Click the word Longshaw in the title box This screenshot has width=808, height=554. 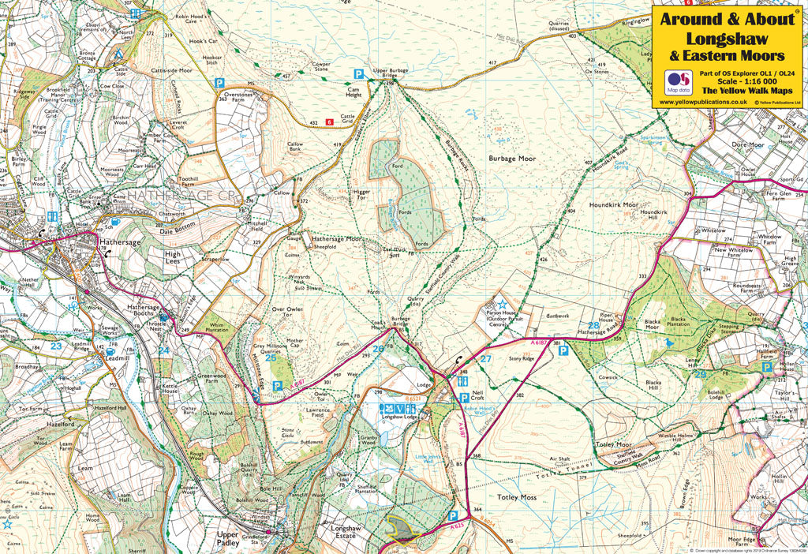click(726, 37)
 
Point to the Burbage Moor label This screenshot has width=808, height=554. click(511, 159)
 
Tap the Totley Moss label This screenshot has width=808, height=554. click(517, 498)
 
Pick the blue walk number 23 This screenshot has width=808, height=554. click(56, 345)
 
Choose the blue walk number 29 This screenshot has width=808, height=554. click(700, 374)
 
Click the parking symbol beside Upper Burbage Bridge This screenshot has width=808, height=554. click(359, 73)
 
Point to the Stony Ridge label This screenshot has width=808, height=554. click(522, 357)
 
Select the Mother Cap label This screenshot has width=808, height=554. click(294, 343)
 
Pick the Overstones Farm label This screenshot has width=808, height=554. click(234, 96)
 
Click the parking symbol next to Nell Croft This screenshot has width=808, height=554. click(464, 398)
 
